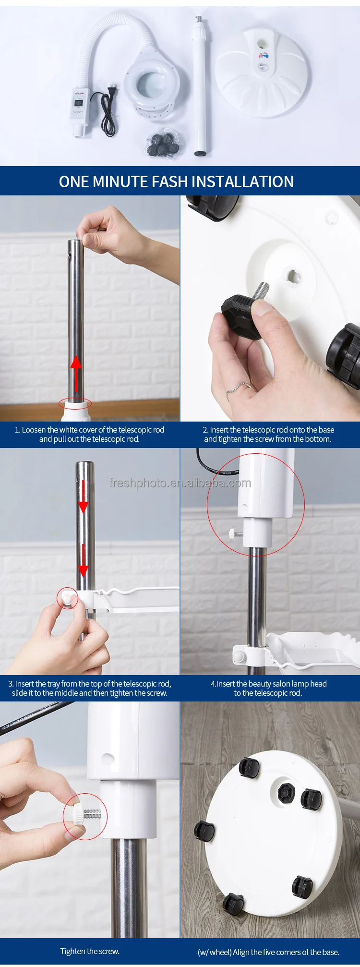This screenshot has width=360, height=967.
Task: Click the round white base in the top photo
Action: click(x=262, y=72)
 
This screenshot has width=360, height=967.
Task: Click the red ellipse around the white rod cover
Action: click(x=75, y=403)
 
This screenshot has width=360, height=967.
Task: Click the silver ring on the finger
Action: click(x=239, y=387)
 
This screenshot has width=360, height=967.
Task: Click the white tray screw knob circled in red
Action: click(x=67, y=598)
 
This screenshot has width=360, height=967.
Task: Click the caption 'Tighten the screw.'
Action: click(x=90, y=951)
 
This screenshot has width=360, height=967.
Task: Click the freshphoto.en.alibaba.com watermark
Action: click(x=180, y=483)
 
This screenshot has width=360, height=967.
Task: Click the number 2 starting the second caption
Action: click(x=205, y=430)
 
